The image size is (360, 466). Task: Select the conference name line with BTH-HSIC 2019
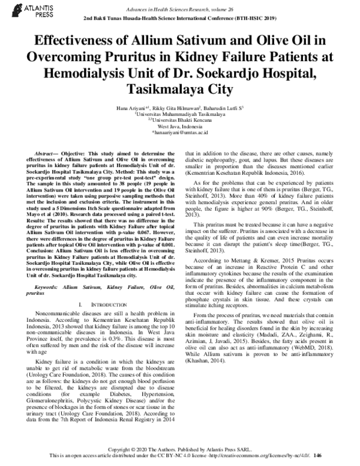(x=179, y=18)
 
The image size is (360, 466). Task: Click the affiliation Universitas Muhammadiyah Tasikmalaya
(x=180, y=113)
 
